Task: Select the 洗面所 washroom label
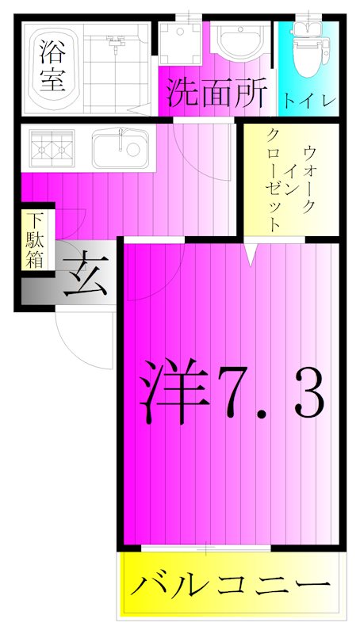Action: tap(215, 94)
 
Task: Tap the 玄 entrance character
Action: tap(85, 277)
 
